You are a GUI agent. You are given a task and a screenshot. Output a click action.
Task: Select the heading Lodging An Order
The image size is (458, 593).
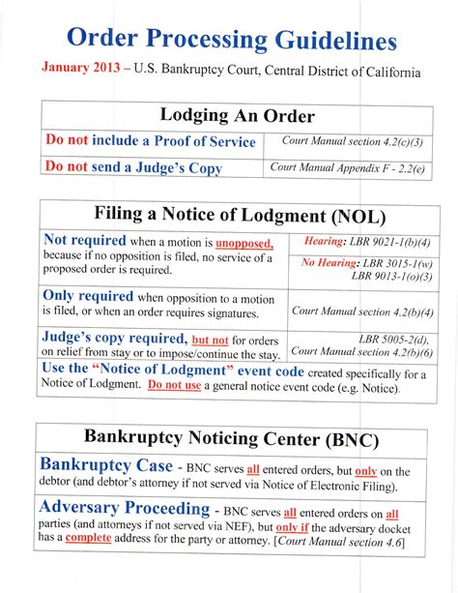(x=238, y=115)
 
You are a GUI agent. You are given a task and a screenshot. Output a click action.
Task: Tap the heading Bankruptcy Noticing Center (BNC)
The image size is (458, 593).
(x=232, y=437)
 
